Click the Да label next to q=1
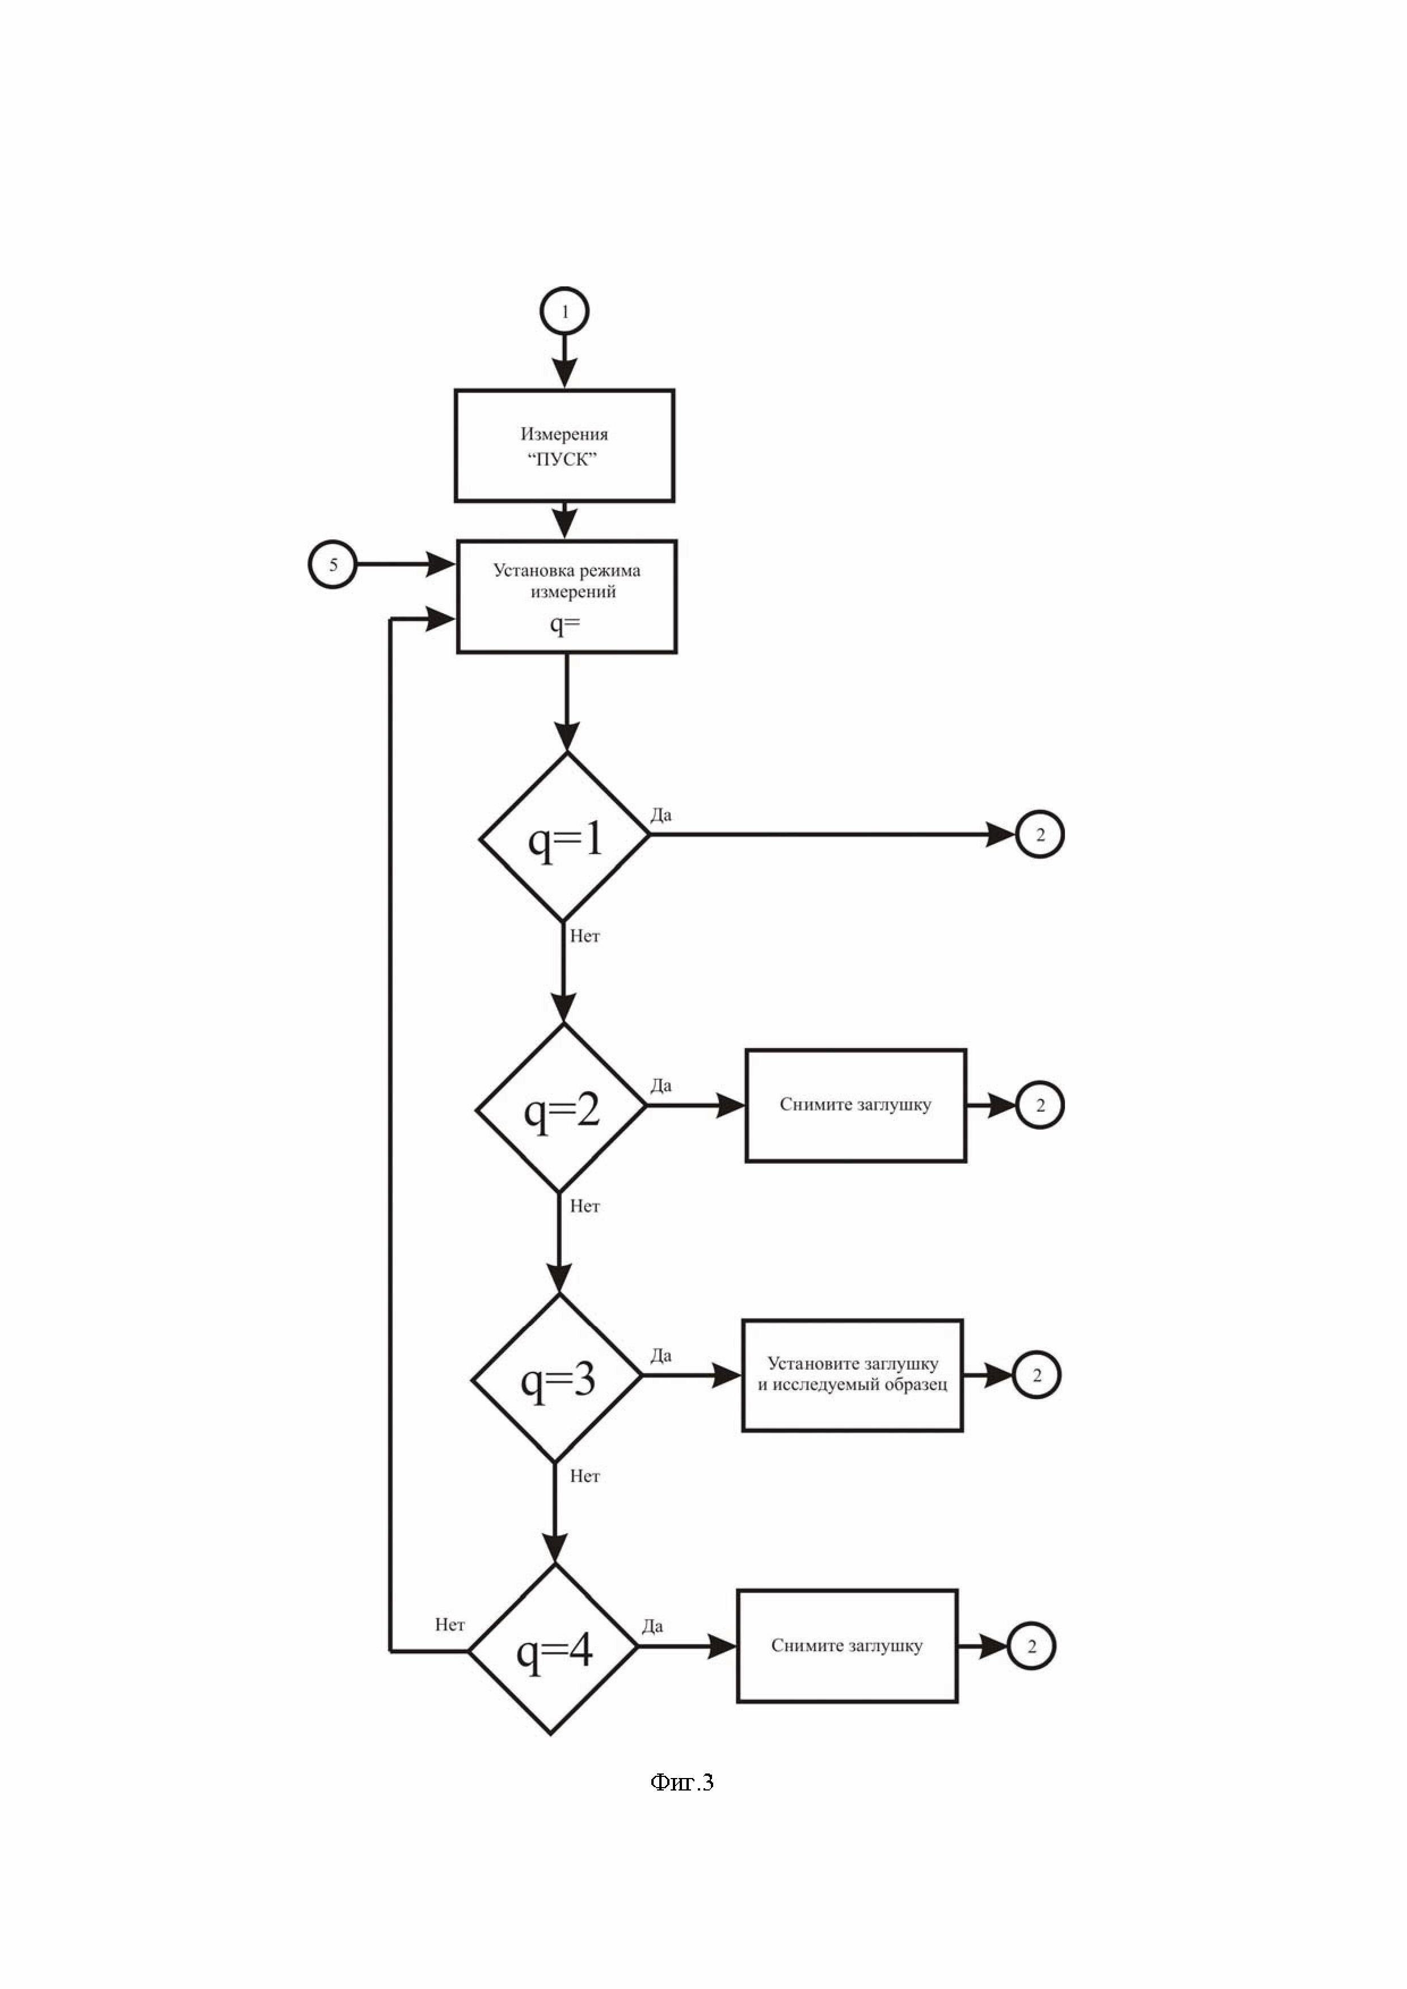tap(661, 815)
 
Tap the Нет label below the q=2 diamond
tap(585, 1206)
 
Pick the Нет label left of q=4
tap(450, 1624)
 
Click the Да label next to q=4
tap(652, 1626)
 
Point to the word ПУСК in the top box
tap(563, 459)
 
